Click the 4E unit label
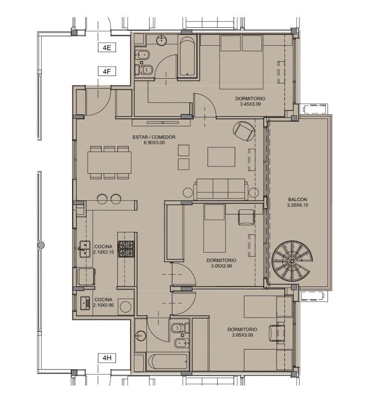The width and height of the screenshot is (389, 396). pyautogui.click(x=107, y=48)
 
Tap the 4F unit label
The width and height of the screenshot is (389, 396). pyautogui.click(x=107, y=71)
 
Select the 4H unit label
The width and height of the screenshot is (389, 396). pyautogui.click(x=107, y=358)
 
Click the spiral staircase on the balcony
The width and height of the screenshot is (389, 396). pyautogui.click(x=292, y=261)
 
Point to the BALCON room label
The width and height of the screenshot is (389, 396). pyautogui.click(x=298, y=199)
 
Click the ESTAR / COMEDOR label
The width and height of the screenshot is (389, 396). pyautogui.click(x=154, y=137)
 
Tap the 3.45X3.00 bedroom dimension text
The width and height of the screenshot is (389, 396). pyautogui.click(x=250, y=104)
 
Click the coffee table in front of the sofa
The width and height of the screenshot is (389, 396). pyautogui.click(x=221, y=157)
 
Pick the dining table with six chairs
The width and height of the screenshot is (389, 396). pyautogui.click(x=109, y=162)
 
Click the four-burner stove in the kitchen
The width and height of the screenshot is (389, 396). pyautogui.click(x=126, y=249)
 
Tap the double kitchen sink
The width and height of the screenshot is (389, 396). pyautogui.click(x=85, y=249)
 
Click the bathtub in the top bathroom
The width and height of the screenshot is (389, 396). pyautogui.click(x=187, y=57)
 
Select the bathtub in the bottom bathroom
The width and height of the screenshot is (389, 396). pyautogui.click(x=168, y=362)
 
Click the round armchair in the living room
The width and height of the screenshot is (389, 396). pyautogui.click(x=244, y=131)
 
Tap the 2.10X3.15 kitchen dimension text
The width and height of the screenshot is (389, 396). pyautogui.click(x=103, y=252)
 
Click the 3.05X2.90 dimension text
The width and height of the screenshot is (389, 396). pyautogui.click(x=221, y=266)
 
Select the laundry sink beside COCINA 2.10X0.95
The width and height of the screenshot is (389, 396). pyautogui.click(x=85, y=303)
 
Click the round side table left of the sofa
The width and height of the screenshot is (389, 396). pyautogui.click(x=188, y=193)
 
